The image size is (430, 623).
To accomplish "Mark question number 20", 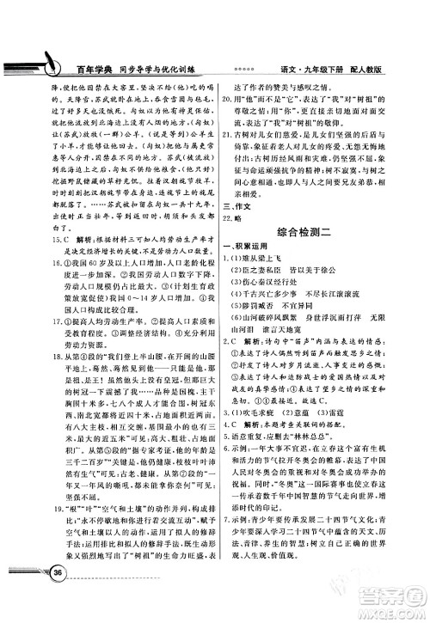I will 230,98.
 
